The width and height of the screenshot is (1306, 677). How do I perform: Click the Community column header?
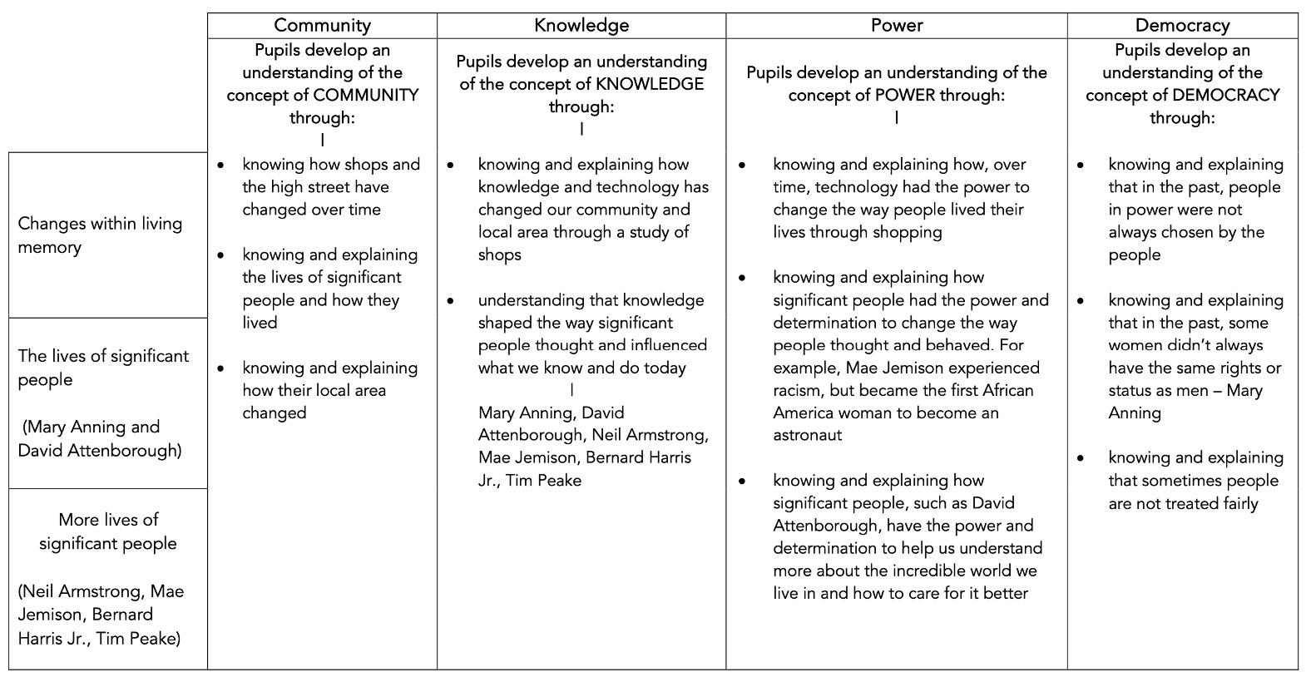click(x=322, y=26)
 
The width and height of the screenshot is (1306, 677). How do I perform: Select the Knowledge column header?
click(x=581, y=26)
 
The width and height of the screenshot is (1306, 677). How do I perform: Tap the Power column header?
click(x=896, y=26)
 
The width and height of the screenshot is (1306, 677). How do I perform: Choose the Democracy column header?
click(x=1182, y=26)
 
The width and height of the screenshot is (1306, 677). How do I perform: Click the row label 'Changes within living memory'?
click(x=100, y=235)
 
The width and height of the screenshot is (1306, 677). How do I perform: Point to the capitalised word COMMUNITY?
click(x=366, y=95)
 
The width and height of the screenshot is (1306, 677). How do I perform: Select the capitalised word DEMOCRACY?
click(x=1225, y=95)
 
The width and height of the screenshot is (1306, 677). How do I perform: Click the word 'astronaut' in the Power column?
click(x=808, y=435)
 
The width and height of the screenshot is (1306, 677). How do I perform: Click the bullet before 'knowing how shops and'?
click(x=220, y=166)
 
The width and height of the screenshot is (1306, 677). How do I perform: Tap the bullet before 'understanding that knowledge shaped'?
click(x=451, y=301)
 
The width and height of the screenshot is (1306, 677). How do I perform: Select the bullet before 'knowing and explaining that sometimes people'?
click(x=1081, y=458)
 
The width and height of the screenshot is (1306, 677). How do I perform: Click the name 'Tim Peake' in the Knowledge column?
click(x=543, y=480)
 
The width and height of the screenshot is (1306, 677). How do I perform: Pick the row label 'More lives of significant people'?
click(x=108, y=531)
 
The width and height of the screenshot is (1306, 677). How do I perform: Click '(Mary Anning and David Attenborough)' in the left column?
click(x=100, y=438)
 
